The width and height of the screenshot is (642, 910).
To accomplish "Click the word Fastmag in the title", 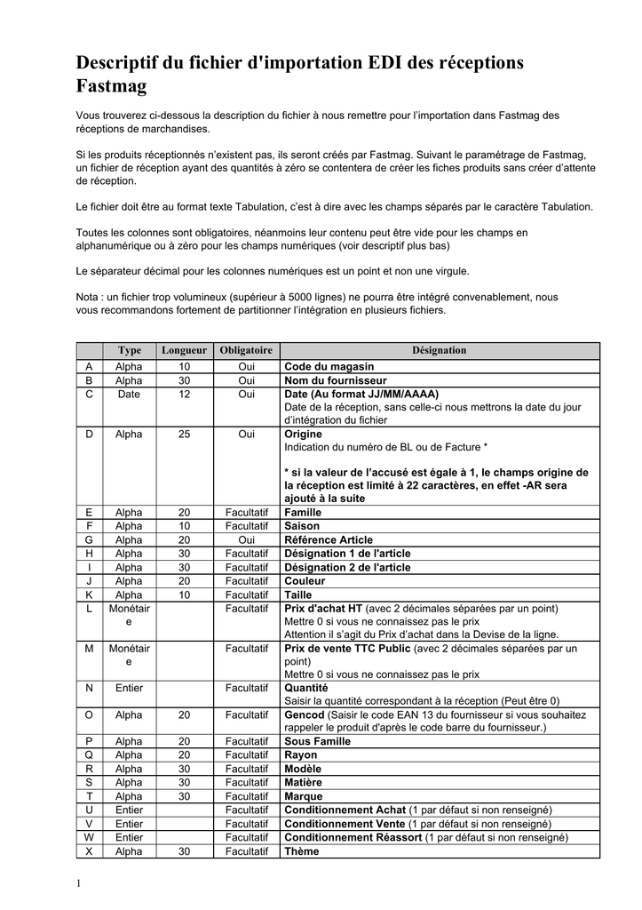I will point(111,87).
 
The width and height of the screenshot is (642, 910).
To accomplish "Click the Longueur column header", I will point(184,351).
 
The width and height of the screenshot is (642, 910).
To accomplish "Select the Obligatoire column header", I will point(246,351).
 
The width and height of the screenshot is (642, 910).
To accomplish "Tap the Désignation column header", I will point(439,351).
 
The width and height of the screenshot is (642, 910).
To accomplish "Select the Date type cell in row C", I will point(129,394).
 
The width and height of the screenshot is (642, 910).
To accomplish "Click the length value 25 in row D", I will point(184,435).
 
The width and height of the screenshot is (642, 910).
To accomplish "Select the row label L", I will point(89,609).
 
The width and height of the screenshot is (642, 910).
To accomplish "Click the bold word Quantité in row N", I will point(305,688).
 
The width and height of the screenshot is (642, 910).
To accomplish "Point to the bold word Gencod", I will point(305,714).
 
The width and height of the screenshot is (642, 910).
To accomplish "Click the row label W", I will point(89,837).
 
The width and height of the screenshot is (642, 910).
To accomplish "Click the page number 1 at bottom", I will point(78,883).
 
